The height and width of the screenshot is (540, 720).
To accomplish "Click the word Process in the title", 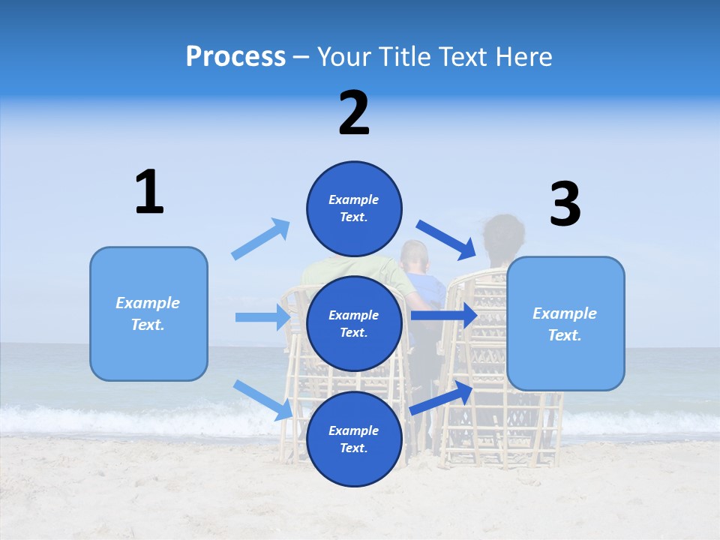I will pyautogui.click(x=235, y=56).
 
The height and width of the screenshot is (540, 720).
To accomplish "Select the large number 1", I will pyautogui.click(x=149, y=192).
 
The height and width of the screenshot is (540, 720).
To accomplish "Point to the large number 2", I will pyautogui.click(x=354, y=113).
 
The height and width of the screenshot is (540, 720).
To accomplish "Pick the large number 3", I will pyautogui.click(x=565, y=205).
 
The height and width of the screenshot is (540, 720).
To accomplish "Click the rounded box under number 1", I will pyautogui.click(x=148, y=313).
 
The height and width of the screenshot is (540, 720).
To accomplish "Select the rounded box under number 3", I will pyautogui.click(x=565, y=323).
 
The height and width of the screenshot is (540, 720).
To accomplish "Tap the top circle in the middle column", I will pyautogui.click(x=354, y=208).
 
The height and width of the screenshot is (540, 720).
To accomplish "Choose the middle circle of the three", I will pyautogui.click(x=354, y=323).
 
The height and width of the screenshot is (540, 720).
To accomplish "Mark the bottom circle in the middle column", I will pyautogui.click(x=354, y=439).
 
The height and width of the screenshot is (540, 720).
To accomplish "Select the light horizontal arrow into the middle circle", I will pyautogui.click(x=263, y=317).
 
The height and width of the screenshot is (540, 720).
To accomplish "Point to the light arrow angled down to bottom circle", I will pyautogui.click(x=263, y=400).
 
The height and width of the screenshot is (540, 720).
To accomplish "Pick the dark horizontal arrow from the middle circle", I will pyautogui.click(x=443, y=316).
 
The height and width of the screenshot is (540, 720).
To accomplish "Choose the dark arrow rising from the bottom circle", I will pyautogui.click(x=442, y=398).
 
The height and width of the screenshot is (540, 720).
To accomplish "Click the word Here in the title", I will pyautogui.click(x=525, y=56).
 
